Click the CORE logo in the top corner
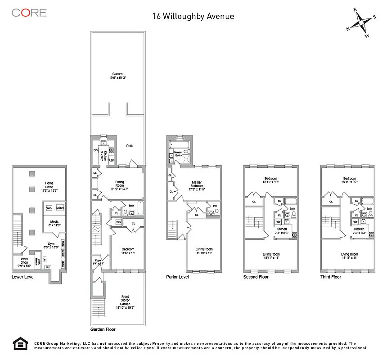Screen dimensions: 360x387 pyautogui.click(x=29, y=13)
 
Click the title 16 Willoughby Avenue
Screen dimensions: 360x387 pyautogui.click(x=193, y=17)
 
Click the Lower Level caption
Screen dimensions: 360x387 pyautogui.click(x=23, y=277)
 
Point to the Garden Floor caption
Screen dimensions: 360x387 pyautogui.click(x=103, y=329)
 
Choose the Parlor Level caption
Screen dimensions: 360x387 pyautogui.click(x=178, y=277)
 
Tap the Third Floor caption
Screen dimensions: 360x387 pyautogui.click(x=330, y=277)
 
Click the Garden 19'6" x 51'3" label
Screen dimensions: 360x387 pyautogui.click(x=117, y=76)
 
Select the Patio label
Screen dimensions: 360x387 pyautogui.click(x=130, y=146)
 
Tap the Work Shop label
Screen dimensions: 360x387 pyautogui.click(x=23, y=261)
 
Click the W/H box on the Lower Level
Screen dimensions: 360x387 pyautogui.click(x=49, y=208)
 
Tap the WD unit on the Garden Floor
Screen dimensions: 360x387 pyautogui.click(x=119, y=222)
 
